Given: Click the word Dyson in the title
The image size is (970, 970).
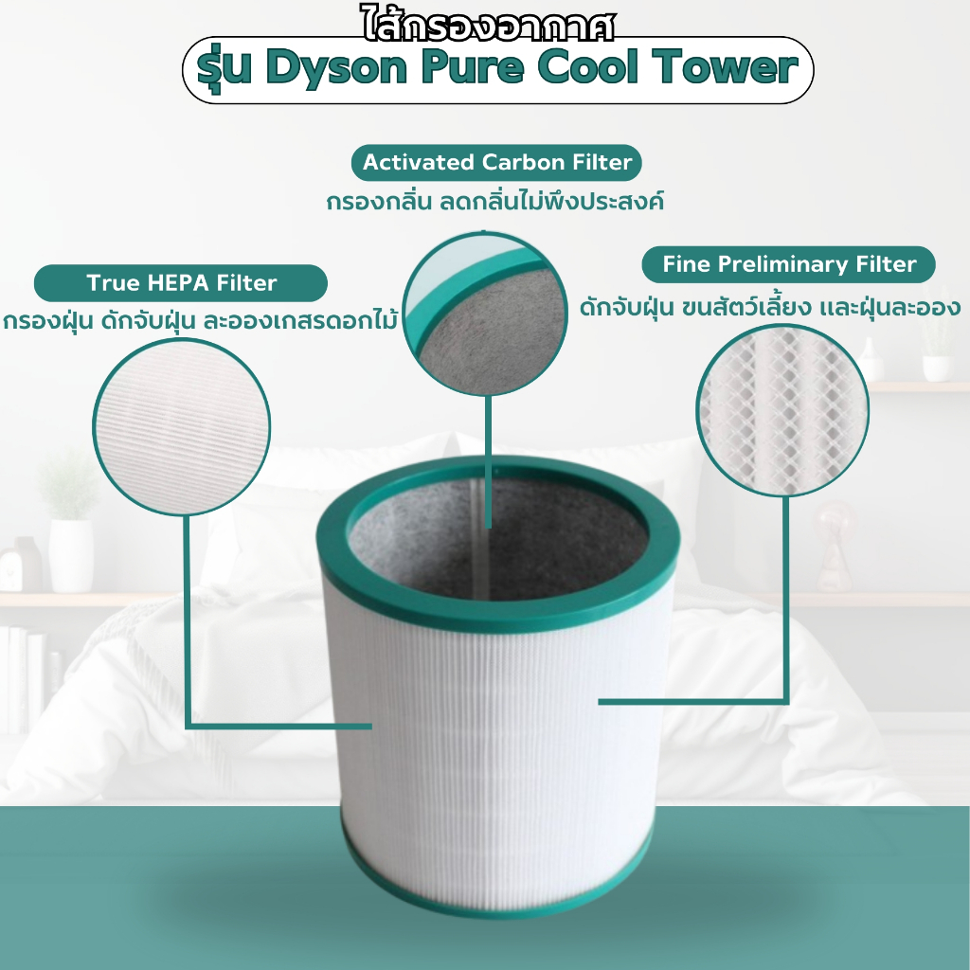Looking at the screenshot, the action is click(x=336, y=69).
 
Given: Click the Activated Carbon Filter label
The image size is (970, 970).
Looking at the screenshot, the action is click(x=496, y=163).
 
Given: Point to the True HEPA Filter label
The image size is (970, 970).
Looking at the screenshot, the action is click(x=181, y=283).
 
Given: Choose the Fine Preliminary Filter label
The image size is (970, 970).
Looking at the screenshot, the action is click(x=789, y=265).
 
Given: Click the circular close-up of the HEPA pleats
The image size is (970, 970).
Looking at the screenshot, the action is click(x=181, y=426).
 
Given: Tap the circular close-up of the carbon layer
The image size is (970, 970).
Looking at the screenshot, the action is click(x=485, y=314).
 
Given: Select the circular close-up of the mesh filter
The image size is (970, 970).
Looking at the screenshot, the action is click(x=782, y=411).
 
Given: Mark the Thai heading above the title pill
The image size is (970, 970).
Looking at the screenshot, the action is click(x=488, y=26).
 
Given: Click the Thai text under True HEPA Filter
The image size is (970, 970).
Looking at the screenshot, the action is click(x=199, y=322).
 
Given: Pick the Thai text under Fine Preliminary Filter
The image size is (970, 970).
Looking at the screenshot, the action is click(x=770, y=306).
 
